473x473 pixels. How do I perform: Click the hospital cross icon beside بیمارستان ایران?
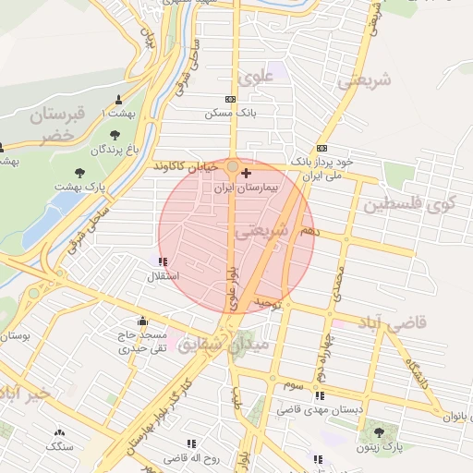245,173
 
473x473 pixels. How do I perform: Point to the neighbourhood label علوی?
256,76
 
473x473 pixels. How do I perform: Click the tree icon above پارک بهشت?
79,172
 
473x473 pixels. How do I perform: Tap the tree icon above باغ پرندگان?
115,135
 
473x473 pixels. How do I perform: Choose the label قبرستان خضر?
55,124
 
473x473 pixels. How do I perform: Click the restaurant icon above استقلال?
164,262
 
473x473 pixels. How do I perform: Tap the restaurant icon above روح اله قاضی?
192,444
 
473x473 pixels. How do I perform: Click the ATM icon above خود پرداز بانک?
321,148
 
